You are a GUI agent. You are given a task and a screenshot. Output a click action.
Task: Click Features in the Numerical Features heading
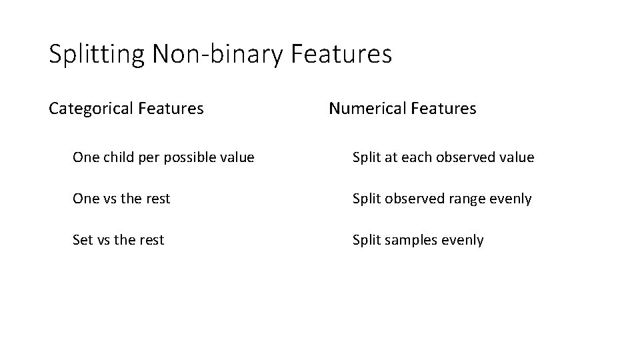click(x=443, y=108)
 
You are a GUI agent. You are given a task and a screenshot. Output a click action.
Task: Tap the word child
click(x=117, y=157)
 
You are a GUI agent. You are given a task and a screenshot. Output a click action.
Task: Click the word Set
click(x=82, y=240)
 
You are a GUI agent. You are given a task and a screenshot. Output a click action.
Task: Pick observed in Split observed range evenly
click(x=412, y=199)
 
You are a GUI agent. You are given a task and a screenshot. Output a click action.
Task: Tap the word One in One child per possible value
click(x=85, y=157)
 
